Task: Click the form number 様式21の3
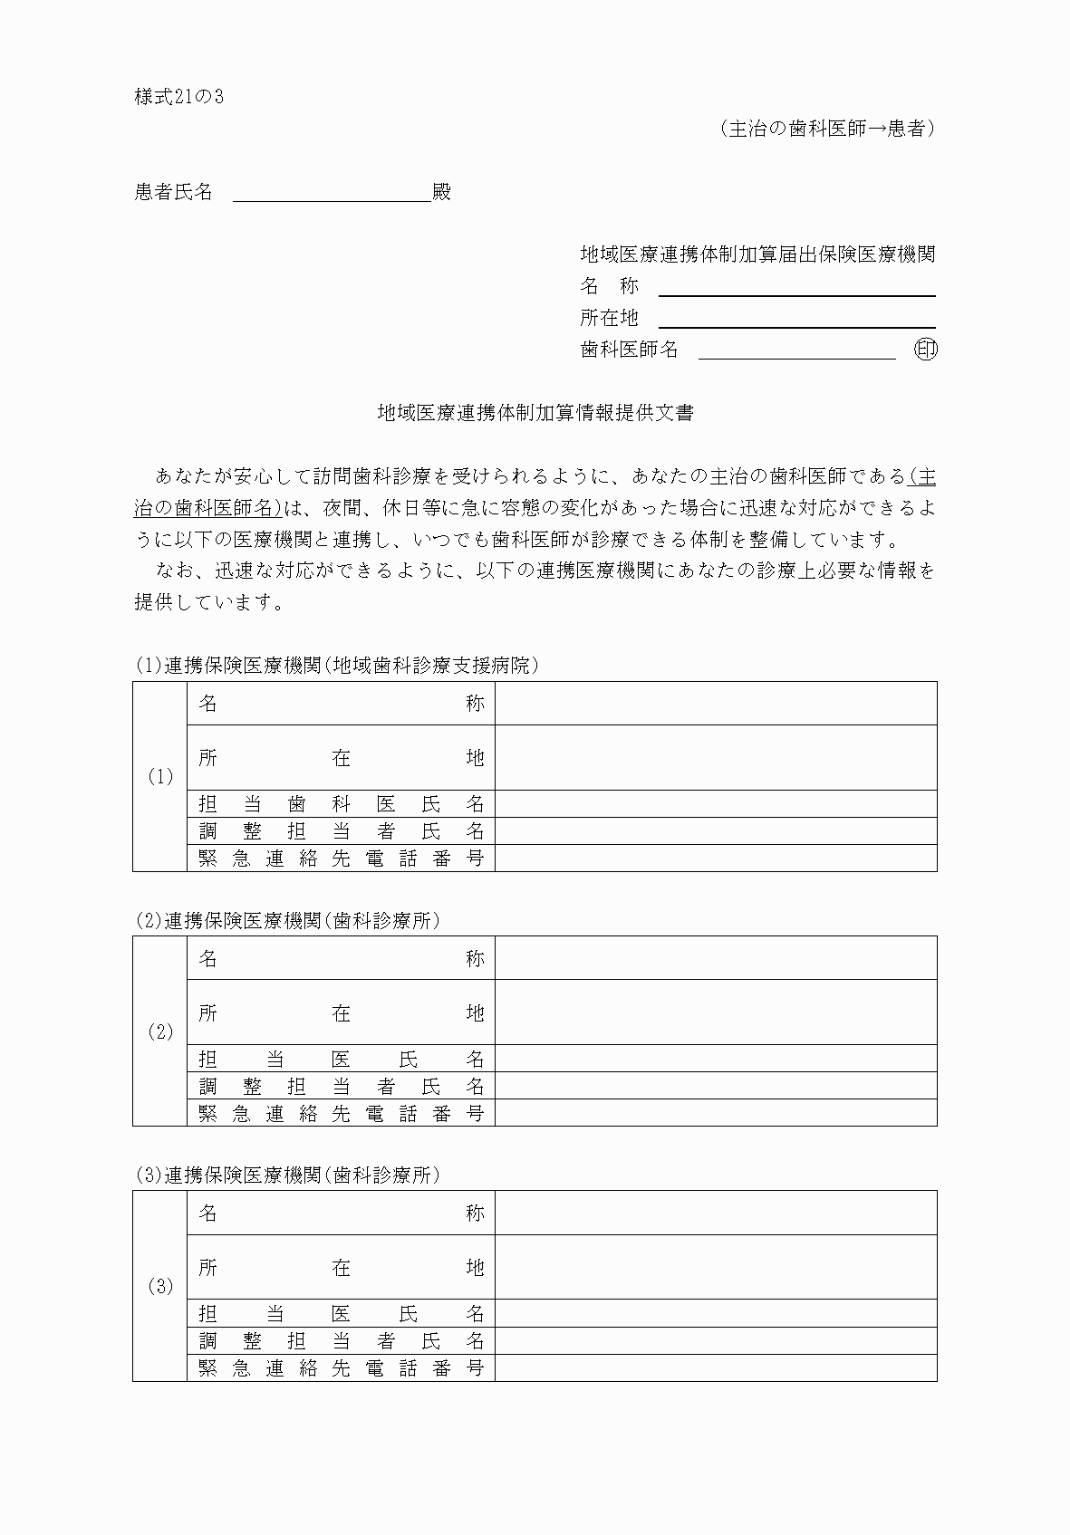point(178,97)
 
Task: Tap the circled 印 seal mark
point(925,350)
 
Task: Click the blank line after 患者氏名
point(332,193)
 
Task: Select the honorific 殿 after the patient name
point(441,192)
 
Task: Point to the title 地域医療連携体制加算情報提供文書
point(535,413)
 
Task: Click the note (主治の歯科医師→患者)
point(827,129)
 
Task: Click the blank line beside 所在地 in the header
point(796,318)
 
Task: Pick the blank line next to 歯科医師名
point(796,350)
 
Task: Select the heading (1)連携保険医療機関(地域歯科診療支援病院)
point(337,666)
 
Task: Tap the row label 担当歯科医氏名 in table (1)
point(342,804)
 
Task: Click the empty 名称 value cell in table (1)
point(716,704)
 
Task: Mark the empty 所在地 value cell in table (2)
point(716,1012)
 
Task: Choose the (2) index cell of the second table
point(160,1031)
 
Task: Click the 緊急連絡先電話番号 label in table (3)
point(342,1367)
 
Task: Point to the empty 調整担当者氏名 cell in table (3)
point(716,1341)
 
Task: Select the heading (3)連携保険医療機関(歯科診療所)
point(288,1175)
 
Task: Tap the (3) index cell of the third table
point(160,1286)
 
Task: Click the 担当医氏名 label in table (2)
point(342,1059)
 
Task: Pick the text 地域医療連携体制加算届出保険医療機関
point(757,254)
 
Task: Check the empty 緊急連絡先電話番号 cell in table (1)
point(716,859)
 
